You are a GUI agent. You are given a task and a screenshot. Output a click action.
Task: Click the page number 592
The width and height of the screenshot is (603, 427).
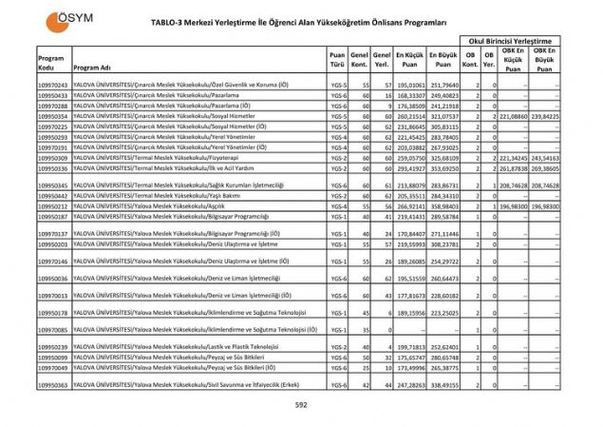301,405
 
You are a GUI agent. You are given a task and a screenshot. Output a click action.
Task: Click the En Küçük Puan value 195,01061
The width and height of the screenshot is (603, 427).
410,86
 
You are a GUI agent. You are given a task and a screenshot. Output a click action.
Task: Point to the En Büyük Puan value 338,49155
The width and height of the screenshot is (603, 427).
443,385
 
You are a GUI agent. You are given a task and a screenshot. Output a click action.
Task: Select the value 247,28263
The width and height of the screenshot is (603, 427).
410,385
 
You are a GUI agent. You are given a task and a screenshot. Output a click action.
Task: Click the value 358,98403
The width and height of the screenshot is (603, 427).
443,205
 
